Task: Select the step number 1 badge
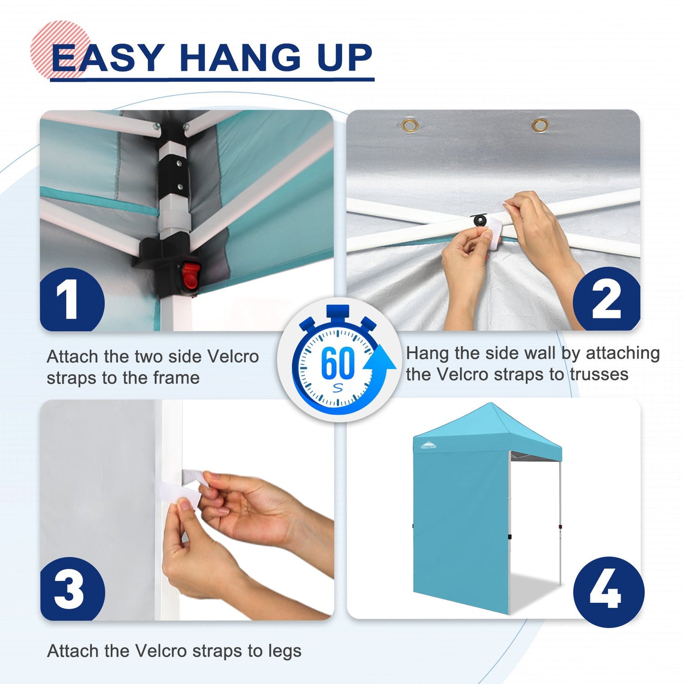[x=72, y=300]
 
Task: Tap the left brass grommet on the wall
[x=410, y=125]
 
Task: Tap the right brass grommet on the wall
[x=540, y=124]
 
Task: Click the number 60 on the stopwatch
[x=338, y=363]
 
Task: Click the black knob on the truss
[x=480, y=221]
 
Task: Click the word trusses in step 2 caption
[x=599, y=374]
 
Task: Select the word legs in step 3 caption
[x=285, y=652]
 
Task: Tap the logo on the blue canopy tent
[x=428, y=445]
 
